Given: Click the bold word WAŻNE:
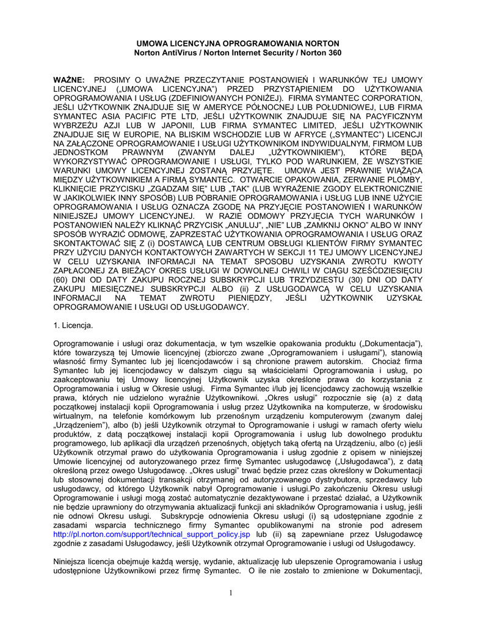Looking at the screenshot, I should click(69, 80).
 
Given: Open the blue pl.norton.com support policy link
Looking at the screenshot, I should click(152, 534).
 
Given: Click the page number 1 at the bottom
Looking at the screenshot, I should click(231, 592).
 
